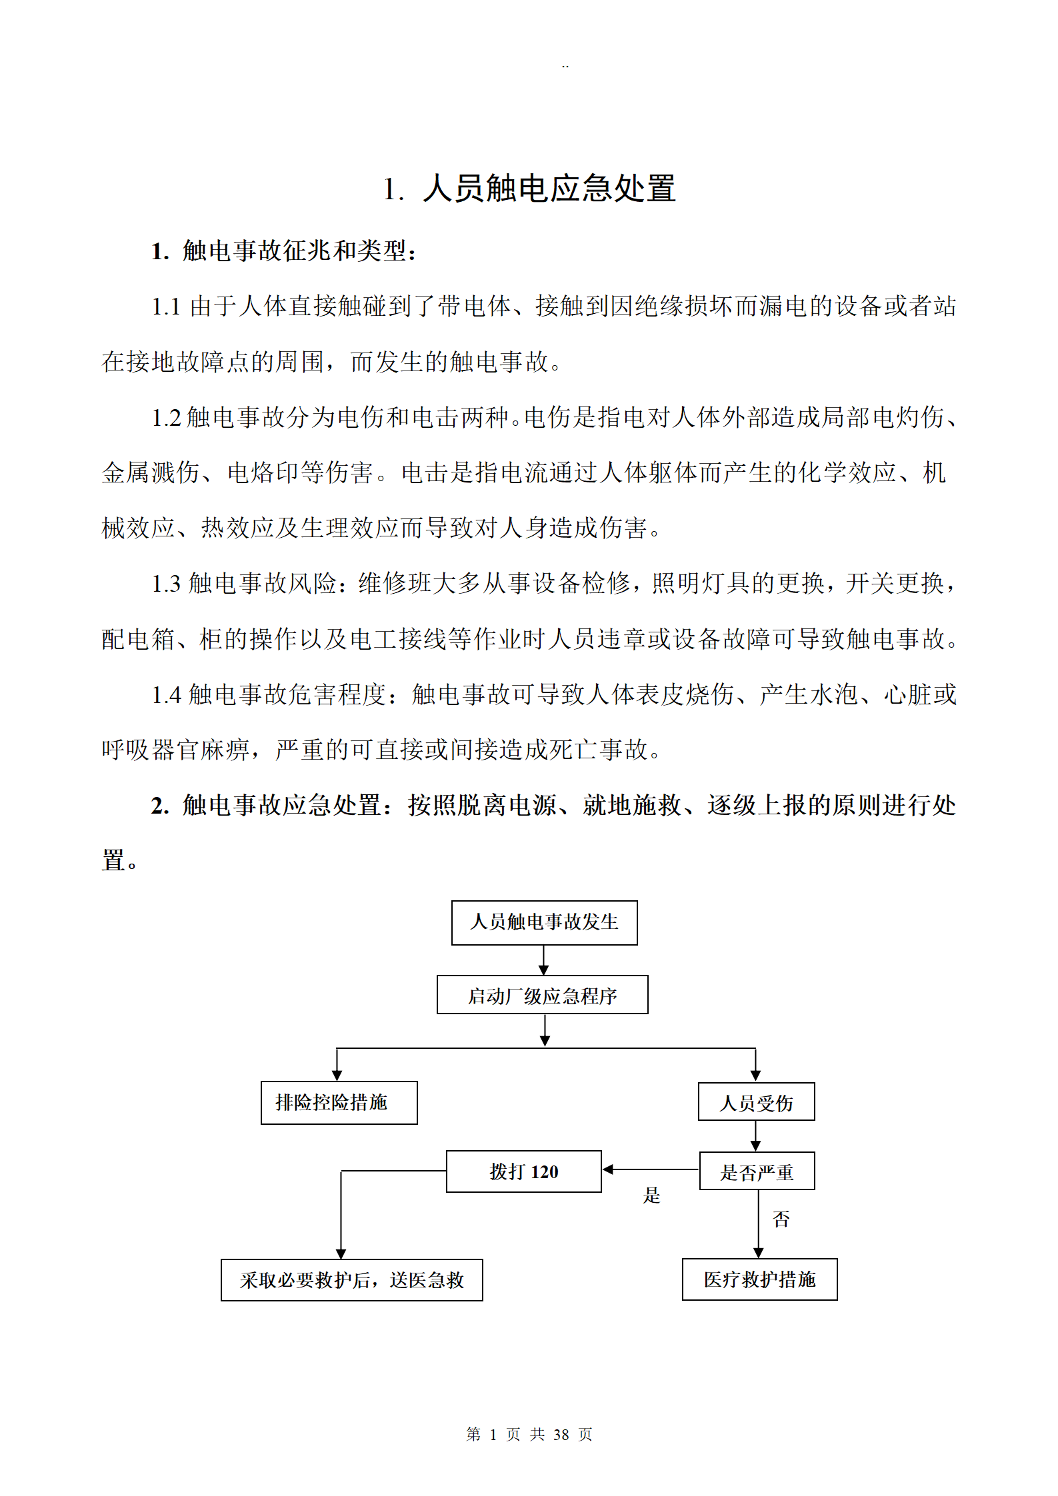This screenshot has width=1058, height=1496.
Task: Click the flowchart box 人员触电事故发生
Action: pyautogui.click(x=544, y=922)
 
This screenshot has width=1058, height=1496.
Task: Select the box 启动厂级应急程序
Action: pyautogui.click(x=542, y=995)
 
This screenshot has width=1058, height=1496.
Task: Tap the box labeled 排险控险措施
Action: pyautogui.click(x=339, y=1103)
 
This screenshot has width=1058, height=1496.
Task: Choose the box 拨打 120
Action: pyautogui.click(x=523, y=1171)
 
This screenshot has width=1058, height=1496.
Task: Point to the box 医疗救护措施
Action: pyautogui.click(x=759, y=1279)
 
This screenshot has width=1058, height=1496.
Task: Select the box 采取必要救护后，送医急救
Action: pyautogui.click(x=351, y=1280)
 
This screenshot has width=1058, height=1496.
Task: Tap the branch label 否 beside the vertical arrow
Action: pyautogui.click(x=781, y=1219)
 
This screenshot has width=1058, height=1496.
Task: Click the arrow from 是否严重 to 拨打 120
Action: pyautogui.click(x=650, y=1169)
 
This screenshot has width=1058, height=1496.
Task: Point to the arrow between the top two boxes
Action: pyautogui.click(x=543, y=960)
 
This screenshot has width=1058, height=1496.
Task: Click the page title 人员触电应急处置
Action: pyautogui.click(x=549, y=189)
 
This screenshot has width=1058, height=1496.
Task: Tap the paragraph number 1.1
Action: pyautogui.click(x=166, y=307)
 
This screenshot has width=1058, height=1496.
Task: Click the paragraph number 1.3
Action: pyautogui.click(x=166, y=584)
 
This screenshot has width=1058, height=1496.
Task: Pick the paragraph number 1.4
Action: pyautogui.click(x=166, y=696)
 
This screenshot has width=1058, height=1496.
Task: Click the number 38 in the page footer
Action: pyautogui.click(x=561, y=1434)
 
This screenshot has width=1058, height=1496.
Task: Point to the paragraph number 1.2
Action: pyautogui.click(x=166, y=418)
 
